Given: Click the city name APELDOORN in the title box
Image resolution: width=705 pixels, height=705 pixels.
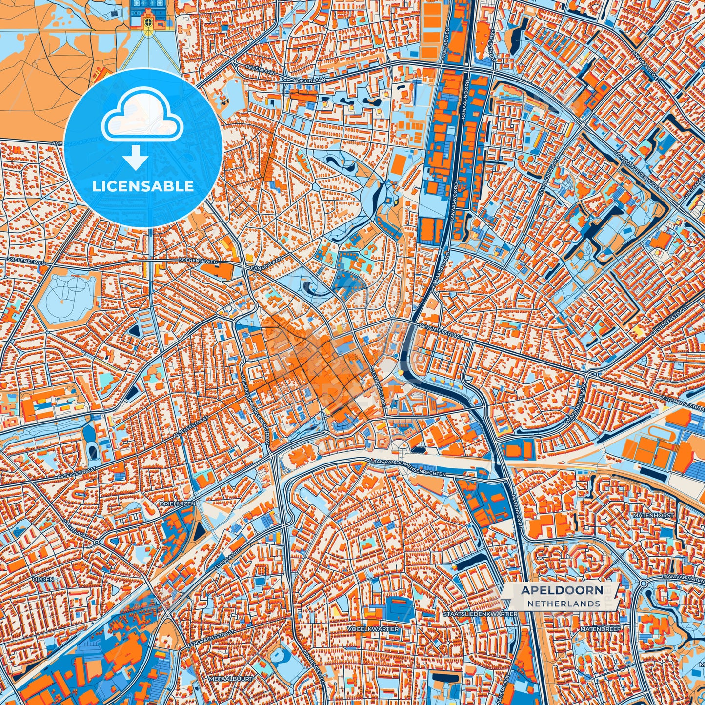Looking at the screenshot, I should (x=562, y=590).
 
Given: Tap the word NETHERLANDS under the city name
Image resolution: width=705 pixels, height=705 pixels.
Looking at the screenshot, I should (x=564, y=604).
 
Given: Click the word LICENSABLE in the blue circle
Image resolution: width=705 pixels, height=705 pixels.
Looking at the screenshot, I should (x=143, y=186).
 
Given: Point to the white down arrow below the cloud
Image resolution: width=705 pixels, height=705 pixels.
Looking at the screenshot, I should (x=136, y=159).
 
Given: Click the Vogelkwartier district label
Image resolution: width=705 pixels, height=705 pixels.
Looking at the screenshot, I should (x=373, y=629).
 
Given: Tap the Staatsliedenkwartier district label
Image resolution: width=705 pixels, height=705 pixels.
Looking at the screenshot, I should (x=481, y=613).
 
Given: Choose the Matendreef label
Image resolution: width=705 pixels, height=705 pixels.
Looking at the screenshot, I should (x=601, y=629).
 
